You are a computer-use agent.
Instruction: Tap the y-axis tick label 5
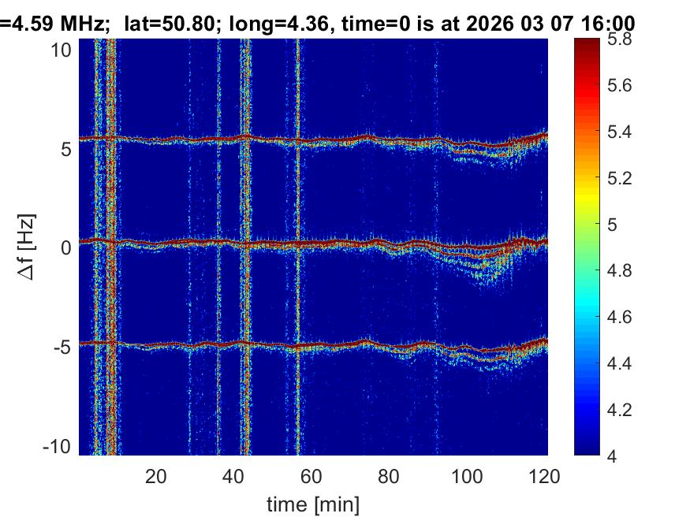click(68, 148)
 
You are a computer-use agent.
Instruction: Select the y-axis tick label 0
click(68, 247)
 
